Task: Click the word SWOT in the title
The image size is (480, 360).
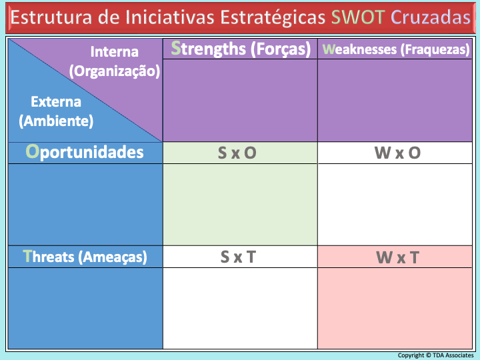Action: pos(358,17)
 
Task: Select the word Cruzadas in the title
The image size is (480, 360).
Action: pos(431,17)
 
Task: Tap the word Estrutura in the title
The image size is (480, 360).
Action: pos(51,17)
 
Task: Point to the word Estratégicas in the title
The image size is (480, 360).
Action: pos(273,18)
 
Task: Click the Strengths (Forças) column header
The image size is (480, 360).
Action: pos(241,49)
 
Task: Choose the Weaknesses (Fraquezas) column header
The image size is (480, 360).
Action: pos(396,49)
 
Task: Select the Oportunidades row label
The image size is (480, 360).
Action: pos(85,152)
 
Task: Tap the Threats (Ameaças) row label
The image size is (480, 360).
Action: pos(85,257)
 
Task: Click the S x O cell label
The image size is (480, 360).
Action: pos(237,153)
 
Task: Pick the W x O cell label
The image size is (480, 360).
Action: pos(397,153)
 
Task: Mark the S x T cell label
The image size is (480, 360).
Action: pos(238,257)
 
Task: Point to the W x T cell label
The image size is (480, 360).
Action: pos(397,257)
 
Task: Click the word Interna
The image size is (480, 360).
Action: pos(115,52)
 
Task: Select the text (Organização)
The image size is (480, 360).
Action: pos(115,71)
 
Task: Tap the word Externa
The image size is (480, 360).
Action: pos(56,101)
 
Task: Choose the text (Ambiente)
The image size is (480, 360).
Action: pos(56,121)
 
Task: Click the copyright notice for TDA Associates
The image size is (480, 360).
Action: pos(435,355)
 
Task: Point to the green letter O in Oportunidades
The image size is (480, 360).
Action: pos(33,151)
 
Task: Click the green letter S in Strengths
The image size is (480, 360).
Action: pos(176,48)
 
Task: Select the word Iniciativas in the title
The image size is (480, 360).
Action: pos(169,17)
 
